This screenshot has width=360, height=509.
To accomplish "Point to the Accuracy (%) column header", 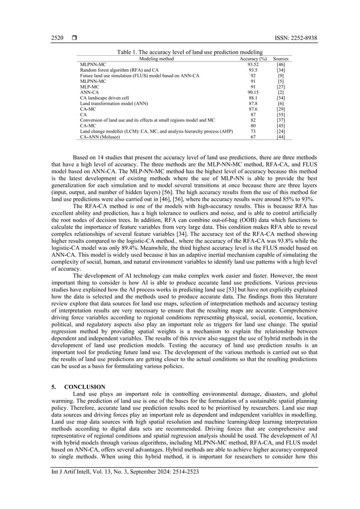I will point(253,59).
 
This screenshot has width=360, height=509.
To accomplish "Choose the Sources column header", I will point(280,59).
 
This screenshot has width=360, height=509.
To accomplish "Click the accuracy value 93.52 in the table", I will point(253,65).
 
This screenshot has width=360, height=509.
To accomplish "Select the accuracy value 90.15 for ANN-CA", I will point(253,92).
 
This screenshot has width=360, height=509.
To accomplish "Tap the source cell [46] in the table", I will point(280,65).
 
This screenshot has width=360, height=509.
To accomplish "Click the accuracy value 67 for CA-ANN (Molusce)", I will point(253,137).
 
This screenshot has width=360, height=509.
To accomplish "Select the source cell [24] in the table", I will point(280,131).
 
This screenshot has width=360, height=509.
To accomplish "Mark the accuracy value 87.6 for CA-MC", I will point(253,109).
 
